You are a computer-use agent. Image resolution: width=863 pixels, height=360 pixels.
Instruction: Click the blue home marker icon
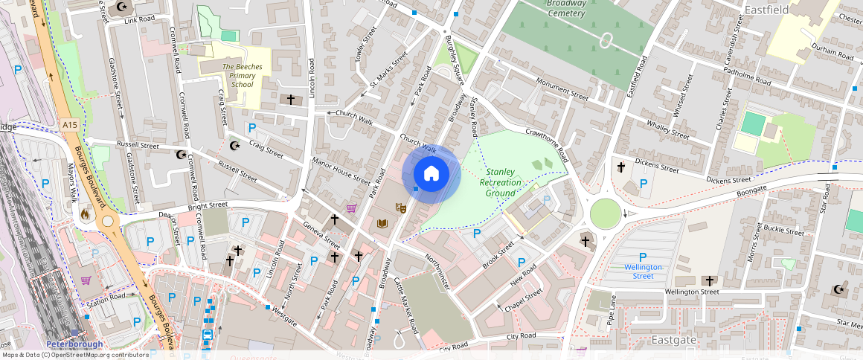[431, 174]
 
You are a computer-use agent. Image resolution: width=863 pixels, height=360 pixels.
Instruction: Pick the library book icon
[383, 223]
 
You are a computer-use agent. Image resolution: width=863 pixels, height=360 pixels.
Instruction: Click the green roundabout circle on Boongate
[606, 215]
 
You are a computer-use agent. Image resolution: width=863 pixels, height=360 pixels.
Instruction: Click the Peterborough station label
[74, 344]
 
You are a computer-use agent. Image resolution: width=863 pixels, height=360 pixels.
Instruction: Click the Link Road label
[140, 19]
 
